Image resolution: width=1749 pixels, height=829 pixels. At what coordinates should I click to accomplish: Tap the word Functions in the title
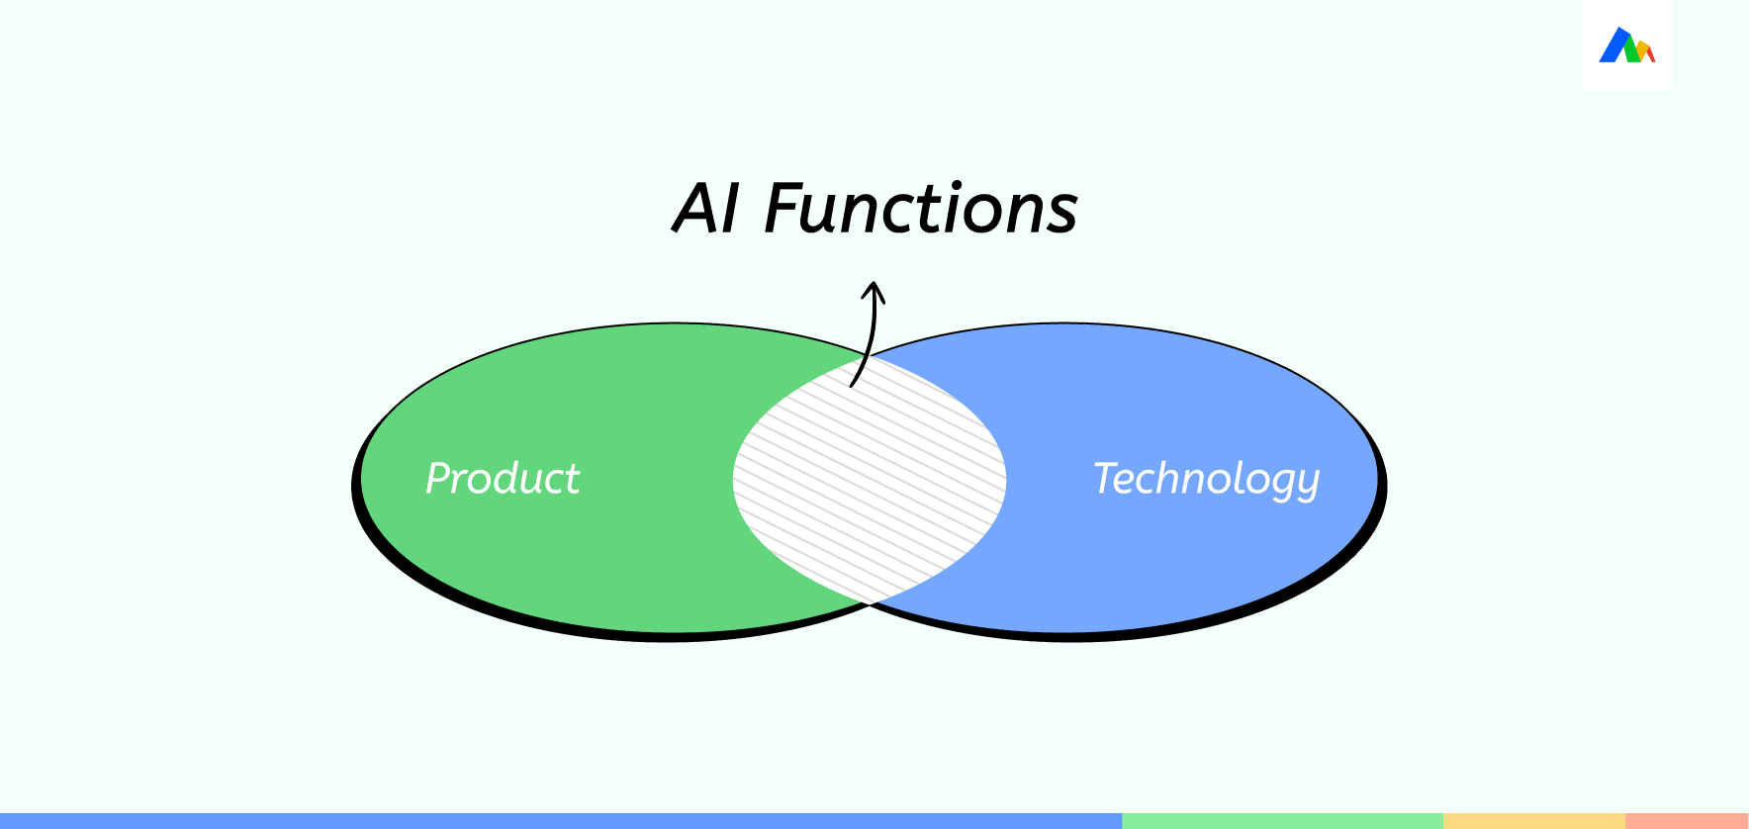[921, 209]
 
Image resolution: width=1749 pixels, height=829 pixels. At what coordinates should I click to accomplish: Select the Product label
[503, 478]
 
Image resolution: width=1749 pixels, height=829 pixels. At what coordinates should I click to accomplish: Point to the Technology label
[1206, 480]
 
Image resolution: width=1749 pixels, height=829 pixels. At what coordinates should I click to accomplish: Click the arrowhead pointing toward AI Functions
[873, 292]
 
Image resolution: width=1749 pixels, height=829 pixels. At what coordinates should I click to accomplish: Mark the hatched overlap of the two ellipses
[870, 479]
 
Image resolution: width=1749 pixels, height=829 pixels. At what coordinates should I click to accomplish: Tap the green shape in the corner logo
[1632, 52]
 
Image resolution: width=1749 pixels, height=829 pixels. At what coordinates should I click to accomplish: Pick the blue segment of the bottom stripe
[561, 821]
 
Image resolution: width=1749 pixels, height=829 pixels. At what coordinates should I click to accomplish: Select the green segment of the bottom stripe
[1283, 821]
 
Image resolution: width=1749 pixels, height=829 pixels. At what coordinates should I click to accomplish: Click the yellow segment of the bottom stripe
[1534, 821]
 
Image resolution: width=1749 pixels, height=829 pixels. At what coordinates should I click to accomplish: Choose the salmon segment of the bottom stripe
[1687, 821]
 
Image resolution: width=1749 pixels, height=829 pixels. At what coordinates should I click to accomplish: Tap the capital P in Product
[440, 478]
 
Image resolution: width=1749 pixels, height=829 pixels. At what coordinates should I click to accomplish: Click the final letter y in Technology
[1307, 486]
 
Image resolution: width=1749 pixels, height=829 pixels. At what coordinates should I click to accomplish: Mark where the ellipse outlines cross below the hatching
[870, 602]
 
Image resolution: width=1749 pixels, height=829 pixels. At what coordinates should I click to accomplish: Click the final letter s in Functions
[1061, 217]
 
